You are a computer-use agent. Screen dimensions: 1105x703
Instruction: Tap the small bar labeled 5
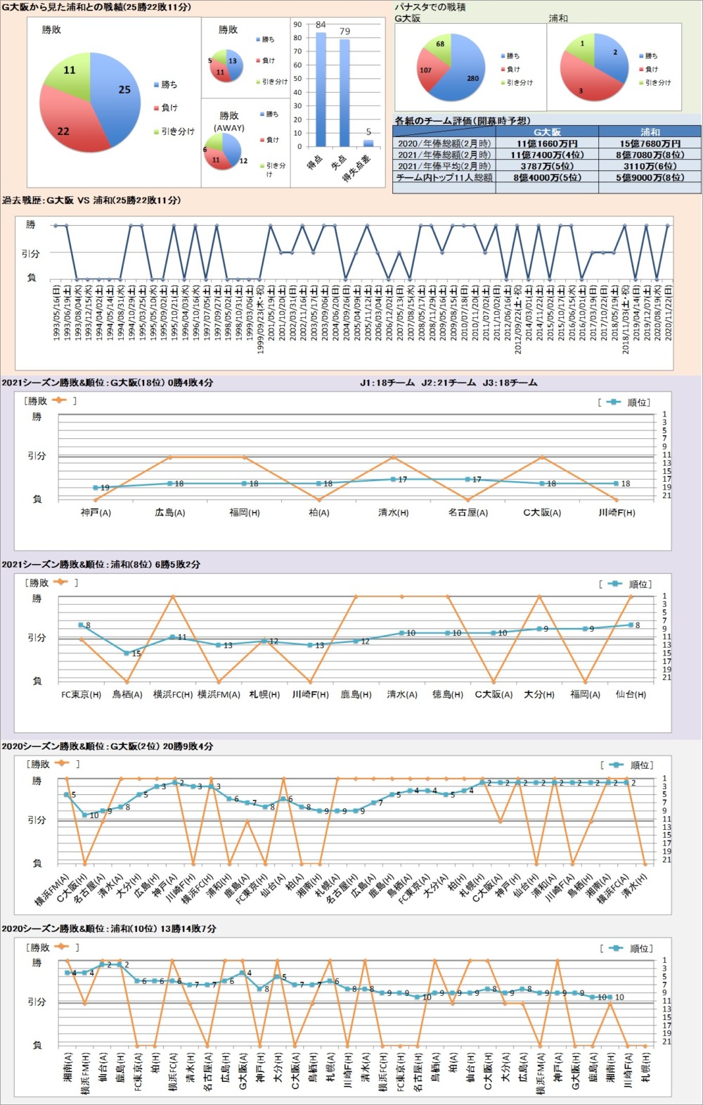368,143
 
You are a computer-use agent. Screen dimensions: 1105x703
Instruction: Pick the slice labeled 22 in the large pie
70,127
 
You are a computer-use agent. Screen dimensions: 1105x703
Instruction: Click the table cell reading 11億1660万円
547,143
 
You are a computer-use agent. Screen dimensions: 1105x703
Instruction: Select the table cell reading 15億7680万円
650,143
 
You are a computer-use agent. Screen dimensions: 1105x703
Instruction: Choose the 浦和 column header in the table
650,132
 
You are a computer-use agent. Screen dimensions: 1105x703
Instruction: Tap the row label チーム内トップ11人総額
444,178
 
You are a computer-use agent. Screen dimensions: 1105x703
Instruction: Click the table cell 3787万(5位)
547,167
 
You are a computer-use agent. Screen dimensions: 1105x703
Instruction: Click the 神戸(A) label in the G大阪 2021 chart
96,513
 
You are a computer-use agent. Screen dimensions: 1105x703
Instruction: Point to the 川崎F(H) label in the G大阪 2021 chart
617,513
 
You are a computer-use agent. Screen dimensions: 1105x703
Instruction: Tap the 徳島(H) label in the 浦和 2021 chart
448,694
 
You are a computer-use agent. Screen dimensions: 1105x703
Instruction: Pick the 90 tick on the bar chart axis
298,25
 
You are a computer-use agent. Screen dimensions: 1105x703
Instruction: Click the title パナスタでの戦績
430,7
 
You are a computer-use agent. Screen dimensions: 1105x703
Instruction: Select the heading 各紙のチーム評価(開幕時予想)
462,121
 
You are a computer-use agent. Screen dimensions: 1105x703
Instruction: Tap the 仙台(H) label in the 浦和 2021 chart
631,694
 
